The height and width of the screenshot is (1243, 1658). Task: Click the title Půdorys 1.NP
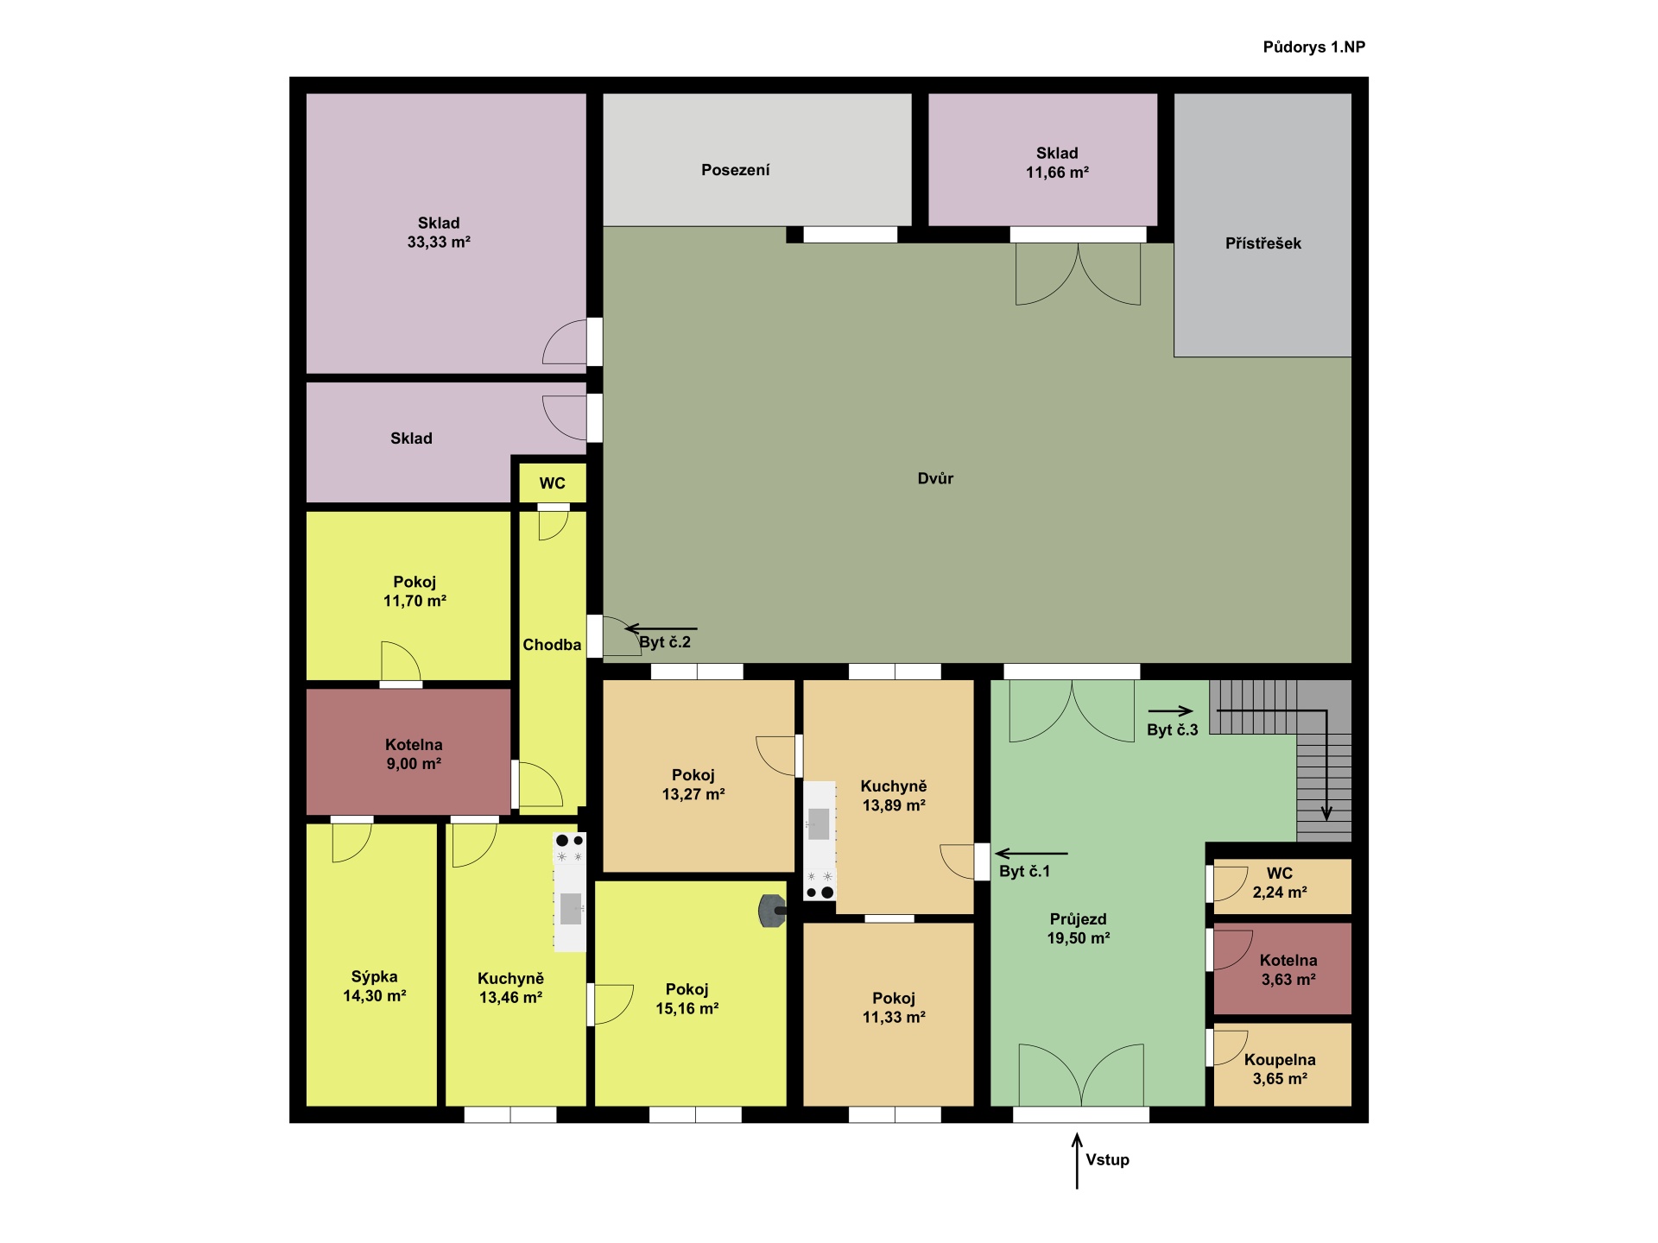pos(1313,47)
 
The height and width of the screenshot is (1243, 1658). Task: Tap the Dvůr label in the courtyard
pos(935,478)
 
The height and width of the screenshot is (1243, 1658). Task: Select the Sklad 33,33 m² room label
pos(439,232)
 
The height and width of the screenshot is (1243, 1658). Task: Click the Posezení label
pos(735,170)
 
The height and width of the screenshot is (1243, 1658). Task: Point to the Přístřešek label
pos(1262,243)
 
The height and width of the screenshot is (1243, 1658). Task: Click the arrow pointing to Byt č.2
pos(661,628)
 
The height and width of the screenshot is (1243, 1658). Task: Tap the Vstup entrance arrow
pos(1077,1161)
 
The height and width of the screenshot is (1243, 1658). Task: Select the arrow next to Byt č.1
pos(1031,854)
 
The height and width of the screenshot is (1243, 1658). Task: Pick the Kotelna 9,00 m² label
pos(414,754)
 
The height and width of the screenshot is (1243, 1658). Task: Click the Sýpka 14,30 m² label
pos(375,986)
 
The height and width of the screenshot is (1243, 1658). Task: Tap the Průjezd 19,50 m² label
pos(1079,929)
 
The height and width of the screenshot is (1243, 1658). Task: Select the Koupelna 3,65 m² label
pos(1280,1069)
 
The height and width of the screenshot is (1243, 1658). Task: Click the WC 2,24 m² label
pos(1280,882)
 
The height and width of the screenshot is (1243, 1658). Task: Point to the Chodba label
pos(552,645)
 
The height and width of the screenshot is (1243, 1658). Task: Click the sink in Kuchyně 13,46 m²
pos(571,908)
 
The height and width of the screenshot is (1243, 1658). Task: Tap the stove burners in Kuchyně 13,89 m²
pos(820,884)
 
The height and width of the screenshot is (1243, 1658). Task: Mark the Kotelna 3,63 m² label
pos(1288,969)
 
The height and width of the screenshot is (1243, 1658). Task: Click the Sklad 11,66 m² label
pos(1057,162)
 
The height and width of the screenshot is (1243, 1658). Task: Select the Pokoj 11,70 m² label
pos(414,591)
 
